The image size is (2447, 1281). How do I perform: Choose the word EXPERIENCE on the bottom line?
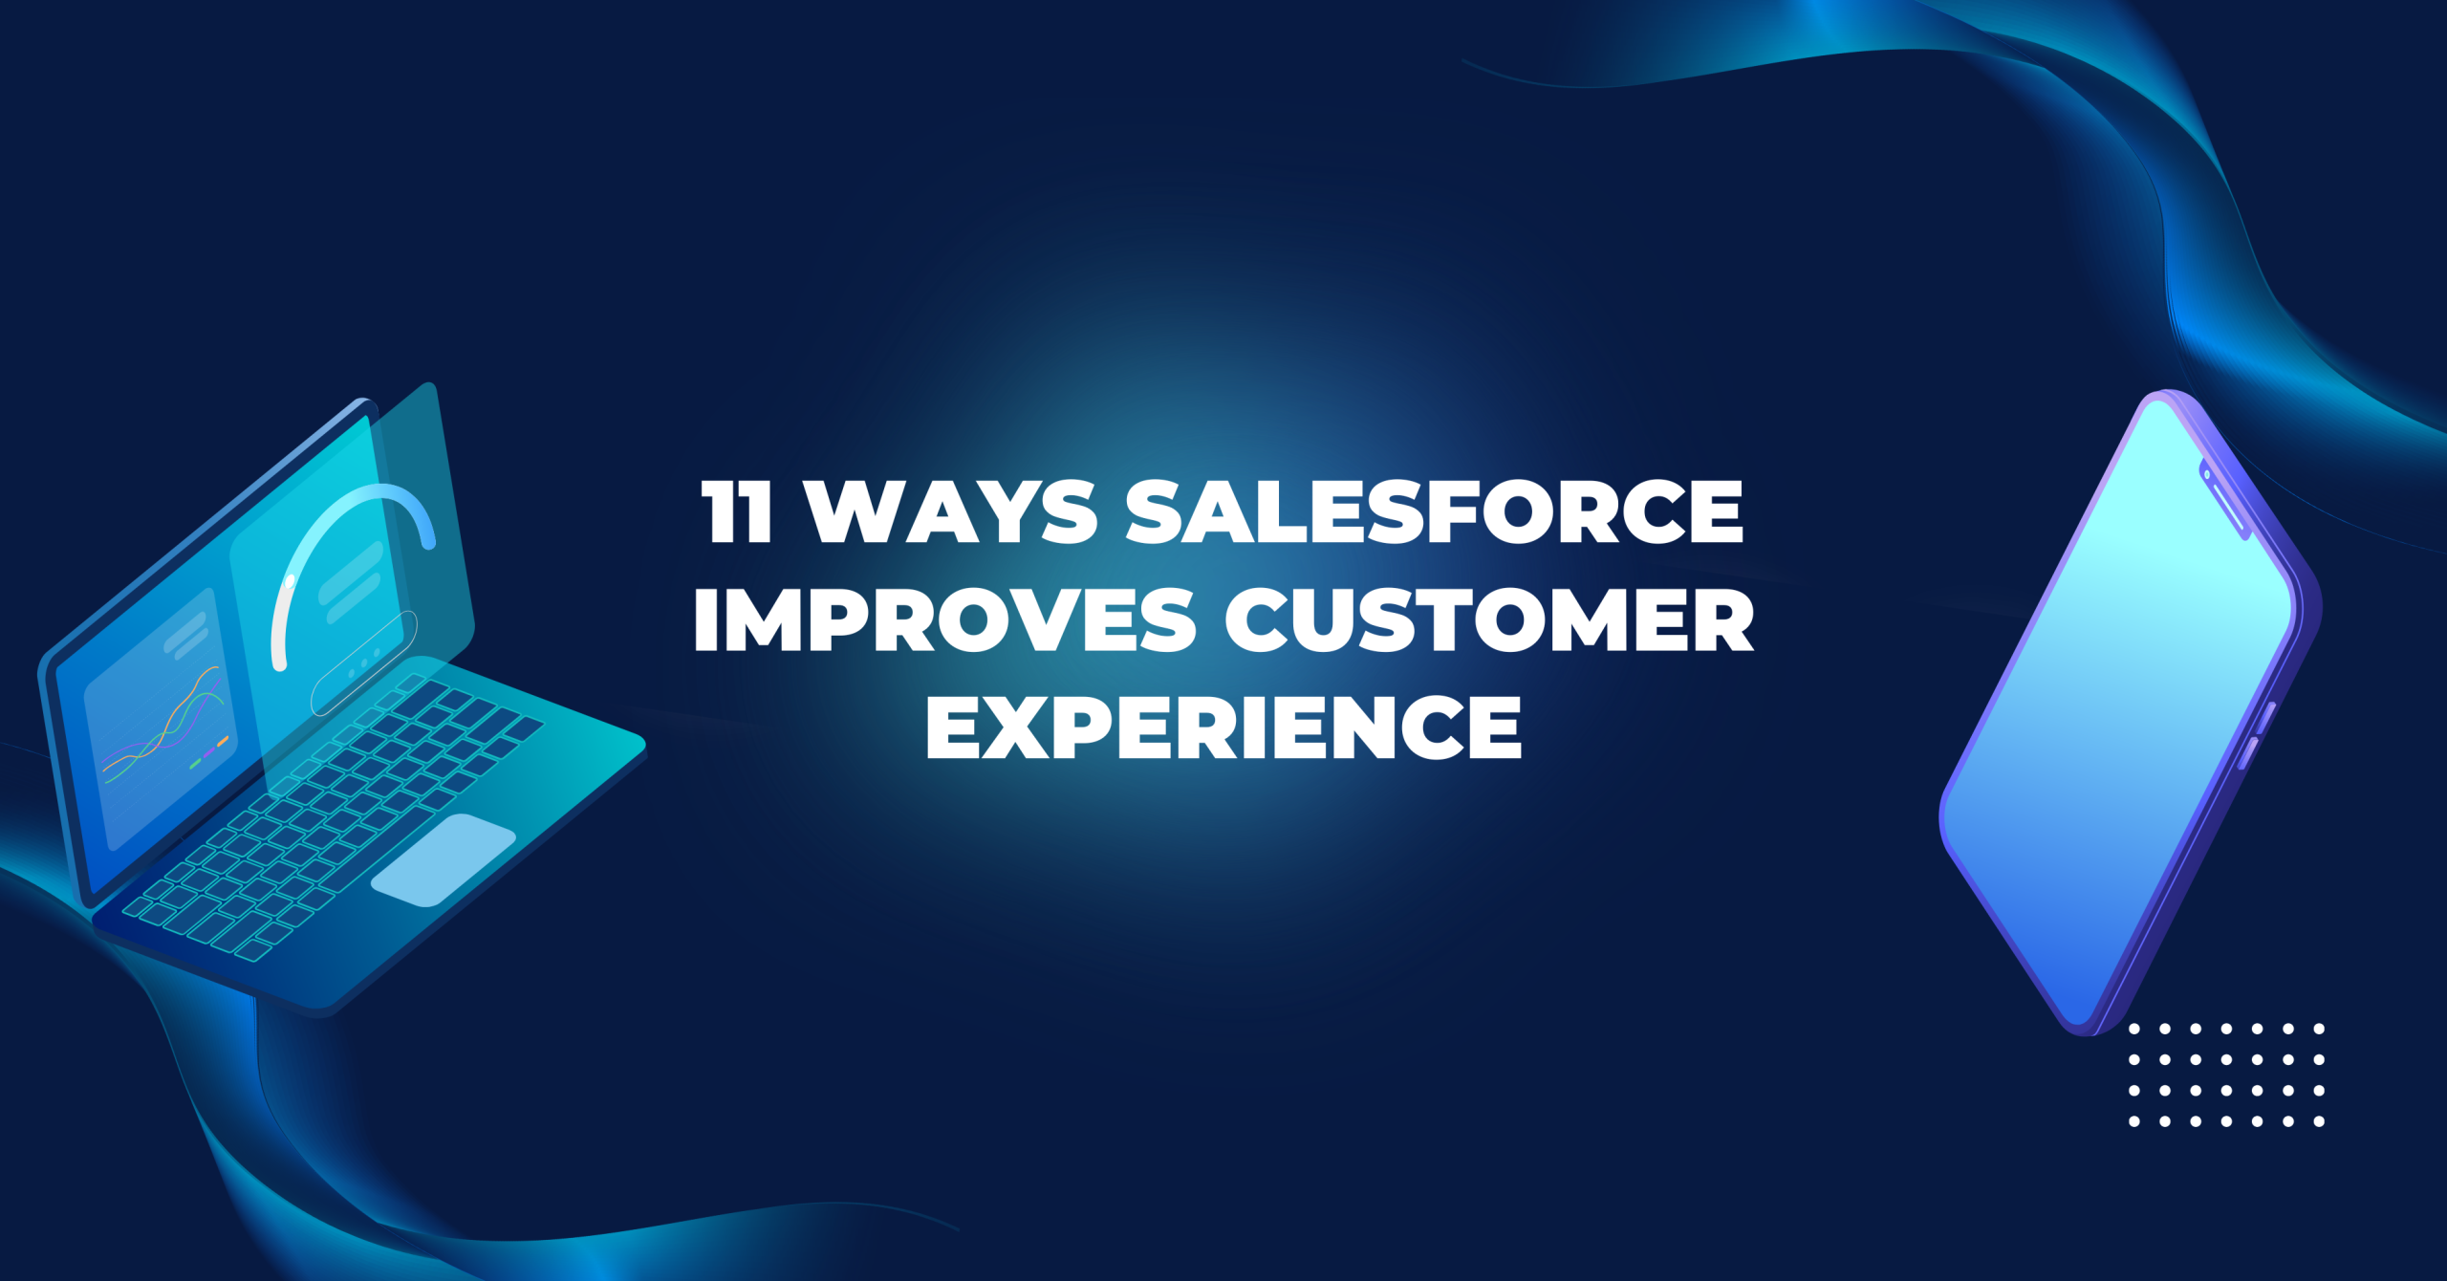click(x=1223, y=728)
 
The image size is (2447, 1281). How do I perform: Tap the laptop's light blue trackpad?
click(x=443, y=859)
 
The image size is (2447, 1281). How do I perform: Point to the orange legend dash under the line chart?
click(x=223, y=741)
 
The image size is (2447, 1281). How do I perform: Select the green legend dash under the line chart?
click(x=195, y=764)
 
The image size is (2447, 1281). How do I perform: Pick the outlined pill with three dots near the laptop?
click(x=364, y=662)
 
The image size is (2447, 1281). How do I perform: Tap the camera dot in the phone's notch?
click(x=2207, y=474)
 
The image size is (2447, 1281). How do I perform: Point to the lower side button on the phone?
click(x=2249, y=752)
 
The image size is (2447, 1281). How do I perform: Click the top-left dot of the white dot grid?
click(x=2134, y=1029)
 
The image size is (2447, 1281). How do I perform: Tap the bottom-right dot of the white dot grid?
click(x=2319, y=1121)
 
